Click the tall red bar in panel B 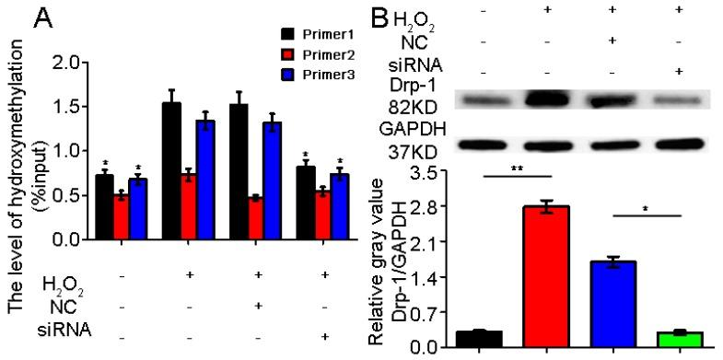[x=545, y=276]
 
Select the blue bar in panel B [x=612, y=304]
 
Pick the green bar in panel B [x=679, y=339]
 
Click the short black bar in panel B [x=479, y=338]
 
